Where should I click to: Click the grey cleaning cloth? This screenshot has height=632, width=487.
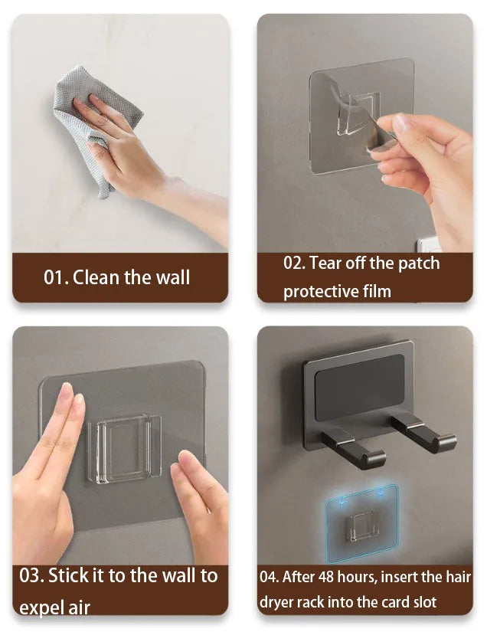(93, 117)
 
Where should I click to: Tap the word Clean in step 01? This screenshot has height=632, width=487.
(96, 277)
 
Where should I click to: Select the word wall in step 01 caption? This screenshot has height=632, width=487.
(173, 277)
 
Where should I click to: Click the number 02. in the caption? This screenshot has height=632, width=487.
(295, 264)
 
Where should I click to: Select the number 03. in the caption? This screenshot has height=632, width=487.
(31, 575)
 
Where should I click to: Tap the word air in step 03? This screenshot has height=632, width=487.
(79, 607)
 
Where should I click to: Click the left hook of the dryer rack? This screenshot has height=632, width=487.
(354, 449)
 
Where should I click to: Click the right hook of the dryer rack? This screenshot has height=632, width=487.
(423, 434)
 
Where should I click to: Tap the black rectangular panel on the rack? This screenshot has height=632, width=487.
(359, 388)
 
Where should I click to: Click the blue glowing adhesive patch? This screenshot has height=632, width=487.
(361, 523)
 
